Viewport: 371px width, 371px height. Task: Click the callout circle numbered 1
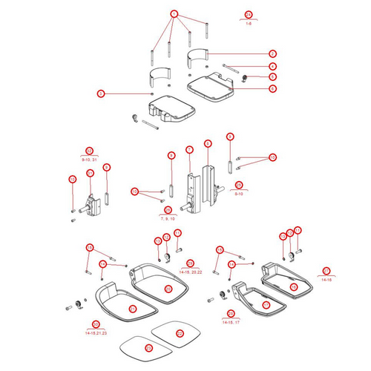(x=174, y=14)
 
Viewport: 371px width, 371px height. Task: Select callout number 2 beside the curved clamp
(x=272, y=54)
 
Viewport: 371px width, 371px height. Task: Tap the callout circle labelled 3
(x=102, y=93)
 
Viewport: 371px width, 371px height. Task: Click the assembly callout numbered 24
(x=249, y=14)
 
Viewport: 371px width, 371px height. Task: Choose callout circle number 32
(x=73, y=179)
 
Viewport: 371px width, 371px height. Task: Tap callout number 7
(x=189, y=149)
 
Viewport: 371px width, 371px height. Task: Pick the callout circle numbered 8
(x=208, y=143)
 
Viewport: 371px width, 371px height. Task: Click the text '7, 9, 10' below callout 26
(x=168, y=219)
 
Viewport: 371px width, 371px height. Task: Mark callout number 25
(x=239, y=185)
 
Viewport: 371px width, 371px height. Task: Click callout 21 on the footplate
(x=134, y=308)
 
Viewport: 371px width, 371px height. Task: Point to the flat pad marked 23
(x=148, y=348)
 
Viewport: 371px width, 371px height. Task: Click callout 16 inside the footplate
(x=293, y=286)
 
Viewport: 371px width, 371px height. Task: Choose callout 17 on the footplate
(x=266, y=304)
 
